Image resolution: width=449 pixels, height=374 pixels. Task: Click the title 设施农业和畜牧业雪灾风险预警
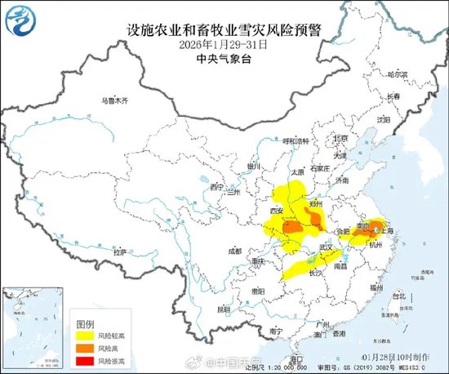click(224, 31)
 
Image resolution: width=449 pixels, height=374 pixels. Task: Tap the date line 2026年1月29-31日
click(224, 46)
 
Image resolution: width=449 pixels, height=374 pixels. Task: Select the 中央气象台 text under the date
click(224, 60)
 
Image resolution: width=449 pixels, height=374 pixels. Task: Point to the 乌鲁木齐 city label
click(114, 101)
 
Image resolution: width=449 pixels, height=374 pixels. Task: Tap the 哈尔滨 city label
click(397, 73)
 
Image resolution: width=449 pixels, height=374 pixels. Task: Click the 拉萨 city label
click(120, 252)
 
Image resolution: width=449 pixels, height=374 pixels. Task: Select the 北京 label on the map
click(342, 139)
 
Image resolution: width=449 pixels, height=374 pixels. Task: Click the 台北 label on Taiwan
click(398, 296)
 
